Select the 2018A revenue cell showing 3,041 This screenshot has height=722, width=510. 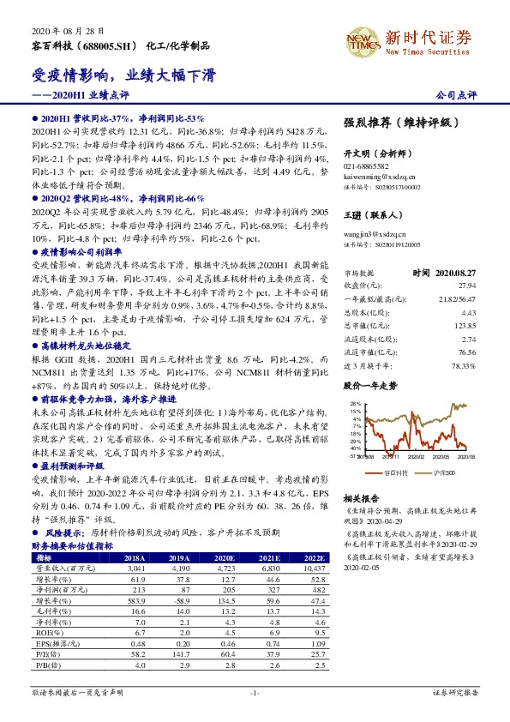[x=135, y=568]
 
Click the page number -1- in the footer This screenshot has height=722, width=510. [x=255, y=691]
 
